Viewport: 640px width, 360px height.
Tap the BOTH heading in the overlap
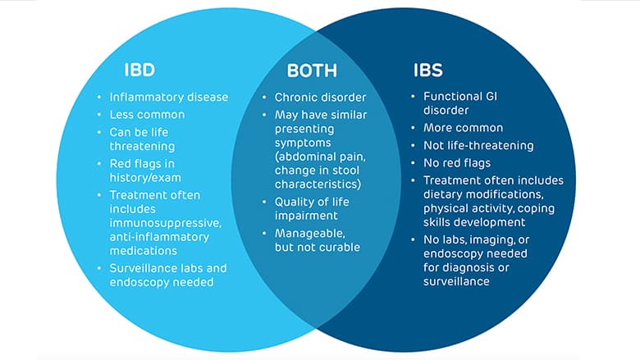pos(312,69)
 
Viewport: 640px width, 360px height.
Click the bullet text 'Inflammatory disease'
pos(169,97)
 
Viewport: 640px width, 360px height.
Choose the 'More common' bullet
pos(463,128)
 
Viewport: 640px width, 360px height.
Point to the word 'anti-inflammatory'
pos(159,236)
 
